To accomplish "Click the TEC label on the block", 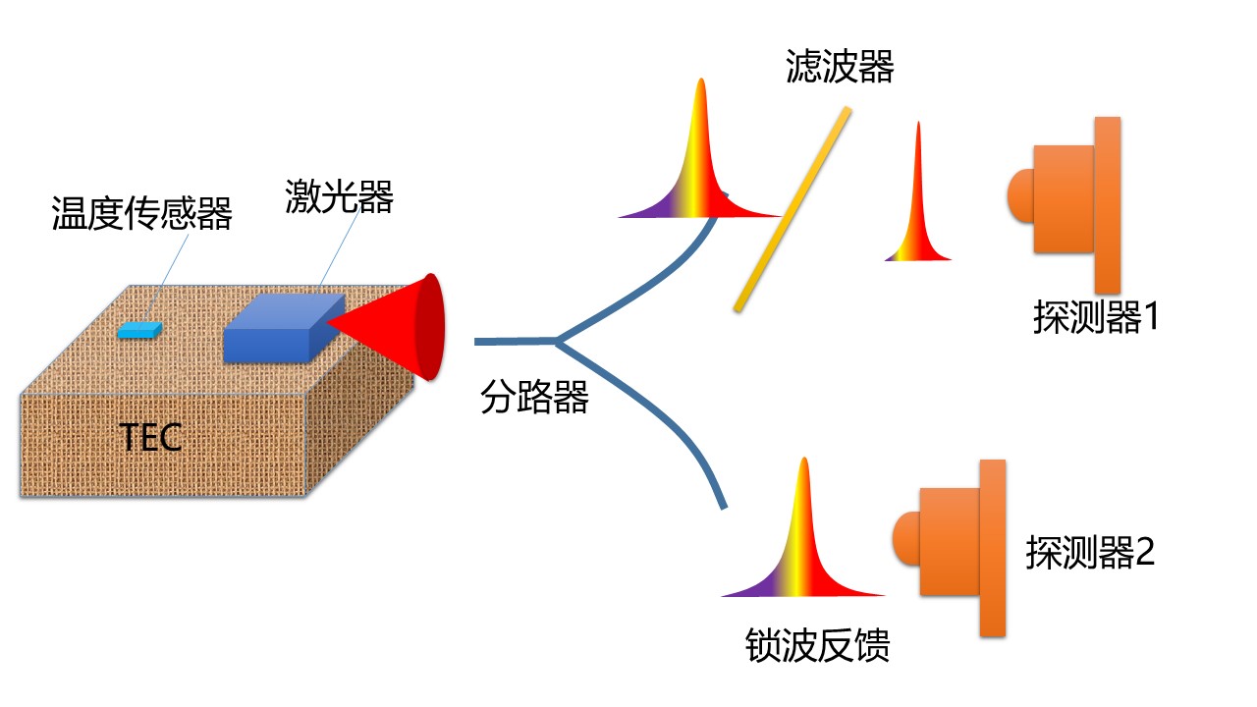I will pyautogui.click(x=151, y=437).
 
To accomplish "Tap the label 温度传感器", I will pyautogui.click(x=141, y=213).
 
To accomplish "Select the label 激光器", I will pyautogui.click(x=340, y=197).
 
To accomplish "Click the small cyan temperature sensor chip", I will pyautogui.click(x=139, y=330).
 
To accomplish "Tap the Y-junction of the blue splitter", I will pyautogui.click(x=559, y=342).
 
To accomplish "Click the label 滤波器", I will pyautogui.click(x=840, y=68).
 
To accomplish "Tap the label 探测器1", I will pyautogui.click(x=1096, y=318).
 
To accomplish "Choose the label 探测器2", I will pyautogui.click(x=1090, y=553).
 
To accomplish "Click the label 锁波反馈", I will pyautogui.click(x=818, y=647).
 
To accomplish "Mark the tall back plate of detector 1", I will pyautogui.click(x=1107, y=204).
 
